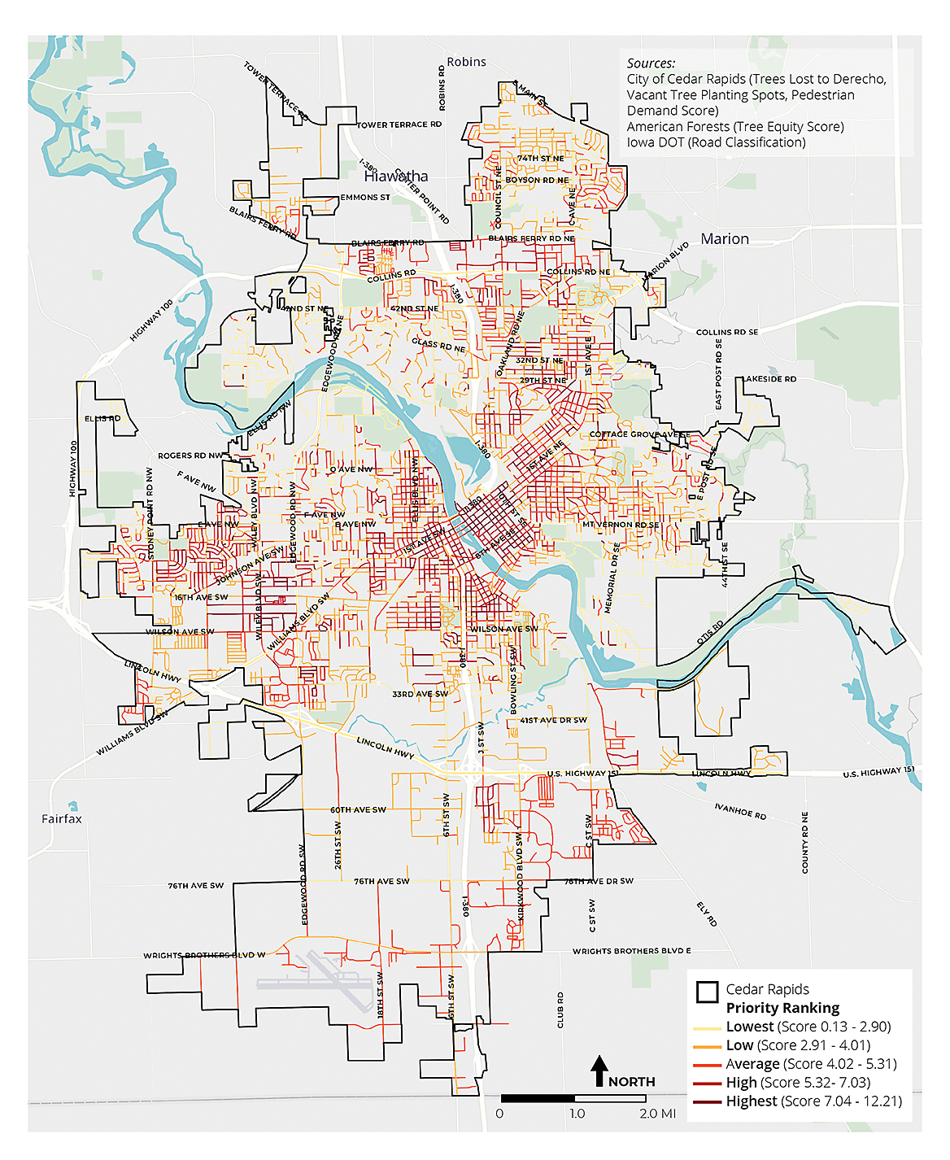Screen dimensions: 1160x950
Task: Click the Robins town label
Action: [x=466, y=62]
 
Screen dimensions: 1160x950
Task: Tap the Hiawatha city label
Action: [x=396, y=177]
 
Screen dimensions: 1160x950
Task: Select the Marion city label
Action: [x=725, y=239]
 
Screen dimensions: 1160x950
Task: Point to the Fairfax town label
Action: [x=62, y=819]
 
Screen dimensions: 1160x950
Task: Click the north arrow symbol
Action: [x=599, y=1070]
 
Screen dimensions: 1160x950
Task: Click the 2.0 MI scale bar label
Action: [x=657, y=1114]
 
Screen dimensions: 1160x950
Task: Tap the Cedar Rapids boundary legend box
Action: [x=707, y=992]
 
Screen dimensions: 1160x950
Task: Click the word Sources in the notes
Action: [x=651, y=63]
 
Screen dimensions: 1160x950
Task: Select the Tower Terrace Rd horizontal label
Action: [x=399, y=125]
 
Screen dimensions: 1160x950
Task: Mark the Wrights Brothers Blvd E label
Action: [x=631, y=951]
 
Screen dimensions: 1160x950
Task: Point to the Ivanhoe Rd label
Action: [x=740, y=811]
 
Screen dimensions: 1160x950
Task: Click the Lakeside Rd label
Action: [x=769, y=379]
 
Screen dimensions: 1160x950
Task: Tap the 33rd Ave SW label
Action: [x=420, y=695]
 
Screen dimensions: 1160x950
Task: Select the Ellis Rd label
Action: [x=102, y=419]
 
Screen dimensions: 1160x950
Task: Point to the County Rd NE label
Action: [x=805, y=843]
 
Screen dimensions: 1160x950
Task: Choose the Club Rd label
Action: [x=560, y=1010]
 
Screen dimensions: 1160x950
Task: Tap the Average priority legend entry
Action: [x=811, y=1064]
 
